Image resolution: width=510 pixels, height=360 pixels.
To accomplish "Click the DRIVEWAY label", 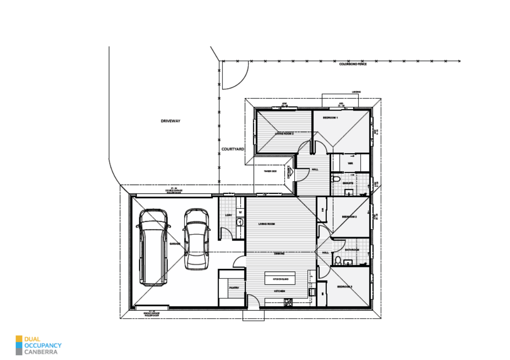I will click(x=170, y=121).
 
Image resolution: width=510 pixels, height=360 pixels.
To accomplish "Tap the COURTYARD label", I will click(x=233, y=149).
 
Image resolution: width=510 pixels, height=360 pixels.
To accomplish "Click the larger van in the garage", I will click(x=153, y=247).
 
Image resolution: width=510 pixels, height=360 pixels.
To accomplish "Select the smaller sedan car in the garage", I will click(x=196, y=239).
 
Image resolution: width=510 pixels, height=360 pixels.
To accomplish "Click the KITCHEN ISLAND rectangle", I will click(x=280, y=279).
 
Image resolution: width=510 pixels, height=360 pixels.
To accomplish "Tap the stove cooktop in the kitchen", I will click(x=288, y=302).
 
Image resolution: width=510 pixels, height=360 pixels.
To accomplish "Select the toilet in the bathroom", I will click(x=337, y=260).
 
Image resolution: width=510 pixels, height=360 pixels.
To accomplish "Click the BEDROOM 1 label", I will click(x=330, y=118).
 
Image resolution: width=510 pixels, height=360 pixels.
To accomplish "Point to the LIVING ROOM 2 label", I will click(x=284, y=133).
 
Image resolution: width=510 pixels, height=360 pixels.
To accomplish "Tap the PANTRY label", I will click(x=234, y=288).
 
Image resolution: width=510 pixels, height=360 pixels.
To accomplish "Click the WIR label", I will click(x=350, y=163).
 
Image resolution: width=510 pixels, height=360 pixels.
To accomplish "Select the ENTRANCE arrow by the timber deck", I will click(x=290, y=172).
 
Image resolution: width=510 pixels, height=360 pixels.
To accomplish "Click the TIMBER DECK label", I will click(x=270, y=171).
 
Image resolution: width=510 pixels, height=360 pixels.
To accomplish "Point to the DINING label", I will click(x=279, y=254).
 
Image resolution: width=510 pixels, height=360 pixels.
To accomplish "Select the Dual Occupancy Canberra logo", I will click(x=38, y=345).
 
